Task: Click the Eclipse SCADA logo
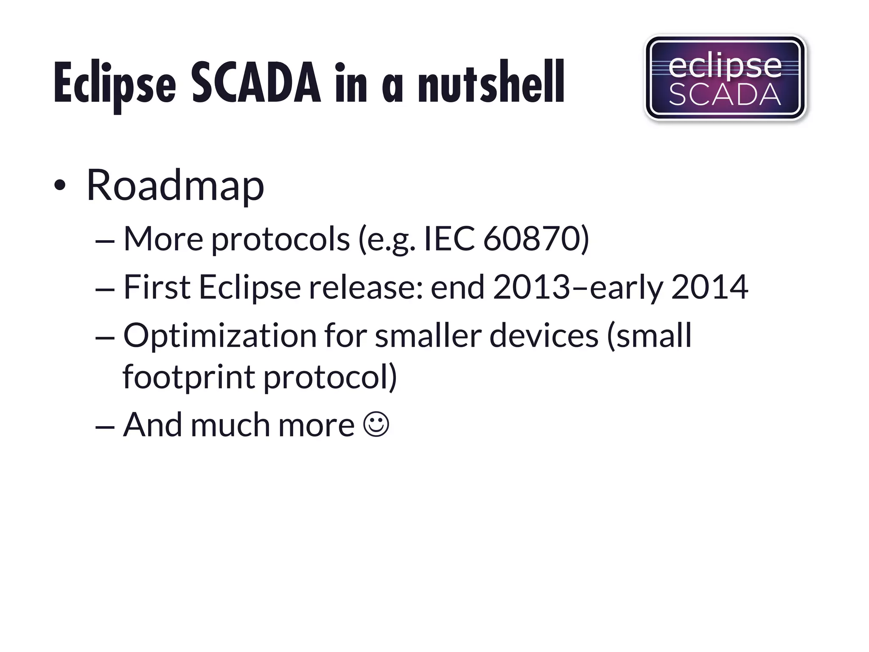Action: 725,78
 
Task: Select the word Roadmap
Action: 175,185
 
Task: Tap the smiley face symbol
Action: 376,424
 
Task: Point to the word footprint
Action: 189,377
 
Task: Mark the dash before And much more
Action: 105,425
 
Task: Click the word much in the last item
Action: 230,424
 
